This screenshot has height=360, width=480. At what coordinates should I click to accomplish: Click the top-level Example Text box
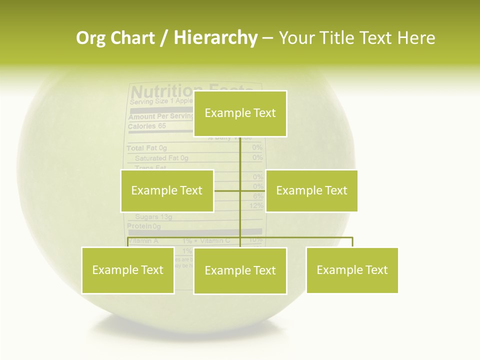[x=240, y=113]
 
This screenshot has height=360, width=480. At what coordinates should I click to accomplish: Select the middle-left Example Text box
[x=167, y=190]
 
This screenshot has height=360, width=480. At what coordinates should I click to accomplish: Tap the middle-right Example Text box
[x=311, y=190]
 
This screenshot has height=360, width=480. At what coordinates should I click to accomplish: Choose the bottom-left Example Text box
[x=128, y=270]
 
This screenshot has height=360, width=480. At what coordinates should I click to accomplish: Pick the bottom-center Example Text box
[x=240, y=271]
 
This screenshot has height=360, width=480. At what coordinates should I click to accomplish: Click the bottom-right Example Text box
[x=352, y=270]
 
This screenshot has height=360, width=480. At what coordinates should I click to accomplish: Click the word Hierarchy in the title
[x=215, y=38]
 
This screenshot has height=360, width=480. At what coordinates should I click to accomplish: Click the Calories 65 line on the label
[x=146, y=126]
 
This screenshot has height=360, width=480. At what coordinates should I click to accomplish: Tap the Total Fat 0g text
[x=146, y=148]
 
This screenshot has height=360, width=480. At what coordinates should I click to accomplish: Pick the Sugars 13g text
[x=153, y=217]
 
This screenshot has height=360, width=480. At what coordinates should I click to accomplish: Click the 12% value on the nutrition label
[x=256, y=206]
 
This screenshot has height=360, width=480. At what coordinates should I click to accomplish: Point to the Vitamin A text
[x=143, y=241]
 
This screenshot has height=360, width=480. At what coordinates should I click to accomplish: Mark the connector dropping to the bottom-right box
[x=352, y=242]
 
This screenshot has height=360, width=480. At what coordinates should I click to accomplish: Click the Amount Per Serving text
[x=160, y=116]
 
